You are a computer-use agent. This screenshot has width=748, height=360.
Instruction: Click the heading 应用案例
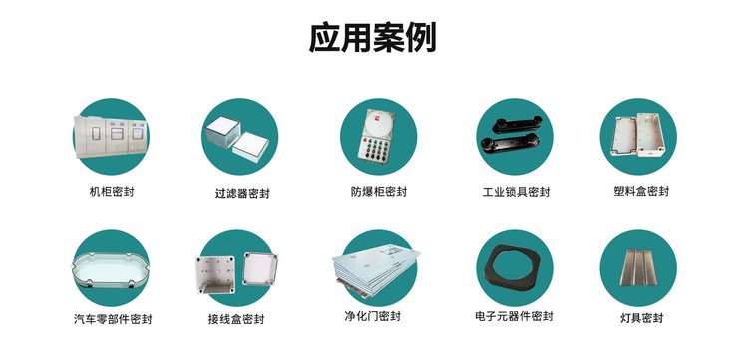point(373,38)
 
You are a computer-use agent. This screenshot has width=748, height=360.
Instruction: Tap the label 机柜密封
point(112,192)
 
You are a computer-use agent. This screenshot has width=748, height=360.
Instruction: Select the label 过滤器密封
point(242,194)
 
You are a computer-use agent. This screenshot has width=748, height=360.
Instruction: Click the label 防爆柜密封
point(379,192)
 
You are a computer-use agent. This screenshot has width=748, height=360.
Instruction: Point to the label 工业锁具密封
point(516,192)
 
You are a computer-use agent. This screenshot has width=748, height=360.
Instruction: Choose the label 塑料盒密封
point(641,191)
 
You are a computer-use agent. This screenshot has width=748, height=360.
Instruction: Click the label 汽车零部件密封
point(113,318)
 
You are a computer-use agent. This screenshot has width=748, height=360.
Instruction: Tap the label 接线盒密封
point(235,318)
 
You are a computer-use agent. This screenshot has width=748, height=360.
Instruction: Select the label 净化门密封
point(372,316)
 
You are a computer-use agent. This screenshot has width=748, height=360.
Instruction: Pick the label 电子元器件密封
point(514,316)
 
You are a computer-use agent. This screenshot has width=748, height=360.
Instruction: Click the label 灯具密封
point(641,318)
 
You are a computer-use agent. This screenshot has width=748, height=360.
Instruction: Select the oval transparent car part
point(111,270)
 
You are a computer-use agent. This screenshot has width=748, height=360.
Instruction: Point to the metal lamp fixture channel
point(638,267)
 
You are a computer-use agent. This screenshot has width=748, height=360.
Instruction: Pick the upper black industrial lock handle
point(517,124)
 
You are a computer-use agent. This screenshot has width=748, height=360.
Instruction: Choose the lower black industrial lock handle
point(510,142)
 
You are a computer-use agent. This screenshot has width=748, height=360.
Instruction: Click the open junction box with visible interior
point(215,275)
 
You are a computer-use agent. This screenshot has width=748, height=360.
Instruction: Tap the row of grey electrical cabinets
point(111,137)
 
